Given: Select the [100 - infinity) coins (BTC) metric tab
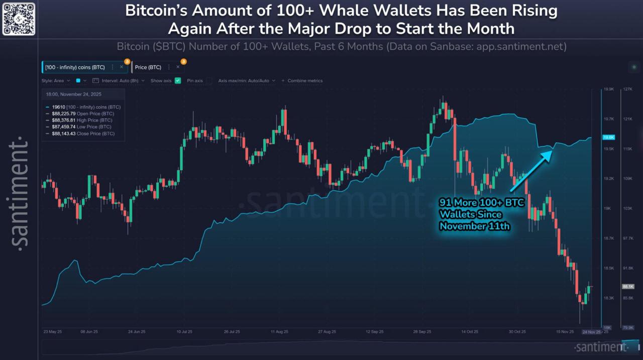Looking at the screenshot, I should [x=75, y=67].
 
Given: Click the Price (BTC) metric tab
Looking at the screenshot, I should [x=148, y=67].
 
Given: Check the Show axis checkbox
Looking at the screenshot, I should [x=177, y=80].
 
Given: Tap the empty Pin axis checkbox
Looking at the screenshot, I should [x=209, y=80].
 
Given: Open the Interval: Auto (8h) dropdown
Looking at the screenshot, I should [x=123, y=80].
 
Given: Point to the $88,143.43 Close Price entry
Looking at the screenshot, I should [x=83, y=134].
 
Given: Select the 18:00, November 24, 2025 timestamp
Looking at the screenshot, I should [x=74, y=93].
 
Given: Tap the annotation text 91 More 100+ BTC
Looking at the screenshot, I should [x=469, y=203].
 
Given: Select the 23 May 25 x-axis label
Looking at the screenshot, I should [x=53, y=332].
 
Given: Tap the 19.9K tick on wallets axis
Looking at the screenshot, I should [x=609, y=89].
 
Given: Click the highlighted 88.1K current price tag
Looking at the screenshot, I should [x=628, y=286].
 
